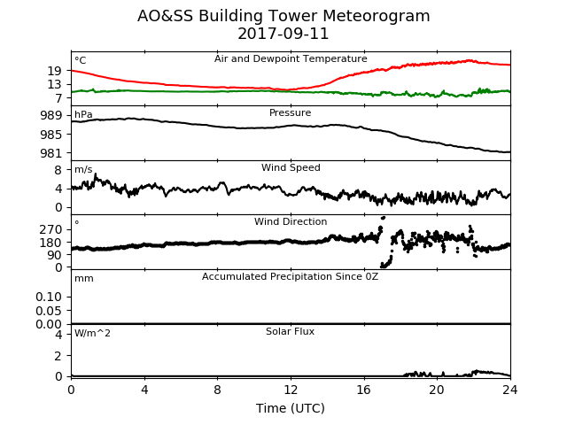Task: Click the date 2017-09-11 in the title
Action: point(283,34)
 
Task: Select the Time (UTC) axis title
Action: point(291,408)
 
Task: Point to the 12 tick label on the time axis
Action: point(291,390)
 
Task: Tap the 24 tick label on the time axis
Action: point(510,390)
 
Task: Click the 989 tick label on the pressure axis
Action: point(50,116)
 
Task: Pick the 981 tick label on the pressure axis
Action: point(50,153)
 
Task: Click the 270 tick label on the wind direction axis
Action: point(50,229)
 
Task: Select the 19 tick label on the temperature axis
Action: point(54,71)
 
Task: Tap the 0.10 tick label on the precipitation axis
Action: point(49,297)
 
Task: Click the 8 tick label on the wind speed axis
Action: point(58,170)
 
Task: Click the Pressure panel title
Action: point(290,112)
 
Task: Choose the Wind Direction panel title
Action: point(291,221)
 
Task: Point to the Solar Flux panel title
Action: point(290,331)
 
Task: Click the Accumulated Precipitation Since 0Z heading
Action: point(290,276)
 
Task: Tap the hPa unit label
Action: point(83,114)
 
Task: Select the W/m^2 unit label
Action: point(92,333)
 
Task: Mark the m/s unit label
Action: point(83,169)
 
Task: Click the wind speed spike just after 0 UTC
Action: point(96,175)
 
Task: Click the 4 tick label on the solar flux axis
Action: point(58,335)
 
